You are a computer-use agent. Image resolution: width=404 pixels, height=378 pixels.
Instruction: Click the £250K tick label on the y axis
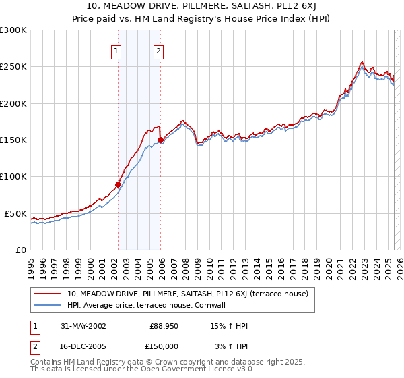[13, 67]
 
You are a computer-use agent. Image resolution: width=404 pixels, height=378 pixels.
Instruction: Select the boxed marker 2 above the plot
[158, 50]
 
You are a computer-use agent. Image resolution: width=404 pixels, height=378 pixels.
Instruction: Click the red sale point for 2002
[119, 184]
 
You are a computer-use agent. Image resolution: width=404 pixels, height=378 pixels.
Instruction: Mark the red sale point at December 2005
[160, 140]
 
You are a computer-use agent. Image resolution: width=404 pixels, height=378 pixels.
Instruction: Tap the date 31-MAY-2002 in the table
[83, 326]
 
